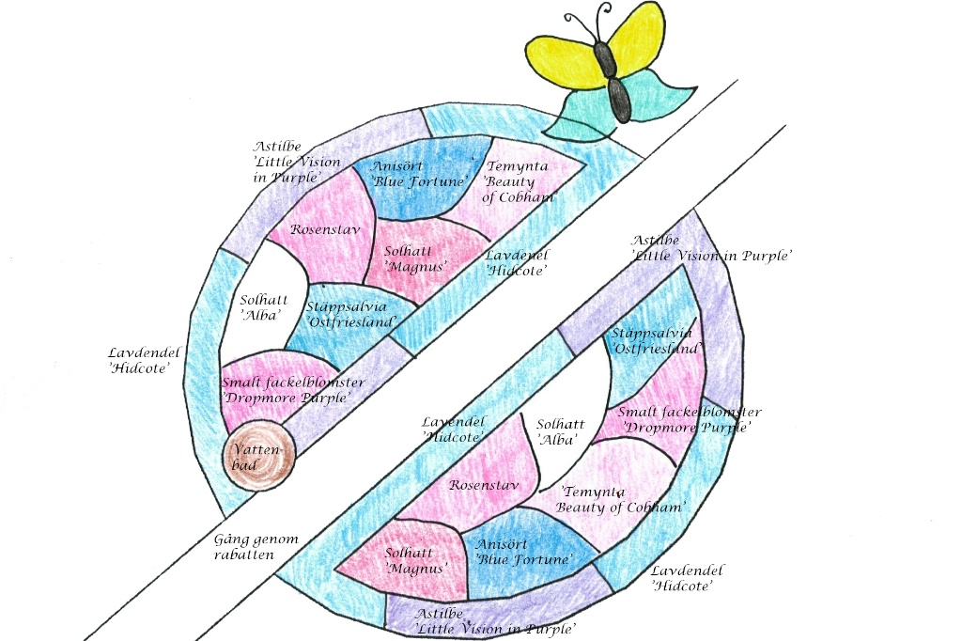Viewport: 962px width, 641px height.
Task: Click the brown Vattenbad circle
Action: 258,455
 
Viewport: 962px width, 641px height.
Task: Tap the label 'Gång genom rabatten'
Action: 256,547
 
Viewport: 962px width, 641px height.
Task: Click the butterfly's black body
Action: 614,81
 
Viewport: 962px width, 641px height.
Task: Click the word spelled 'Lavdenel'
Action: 518,255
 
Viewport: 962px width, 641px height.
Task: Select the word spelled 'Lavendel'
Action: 454,422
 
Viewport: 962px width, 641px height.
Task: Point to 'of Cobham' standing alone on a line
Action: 519,197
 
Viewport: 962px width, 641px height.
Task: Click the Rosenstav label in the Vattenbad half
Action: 324,229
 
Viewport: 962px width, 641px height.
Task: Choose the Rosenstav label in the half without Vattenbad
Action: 484,485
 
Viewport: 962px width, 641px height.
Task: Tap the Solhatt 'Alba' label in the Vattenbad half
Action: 263,307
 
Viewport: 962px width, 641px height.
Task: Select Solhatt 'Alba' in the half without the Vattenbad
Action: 560,431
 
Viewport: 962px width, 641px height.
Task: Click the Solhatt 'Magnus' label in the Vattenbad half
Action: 415,258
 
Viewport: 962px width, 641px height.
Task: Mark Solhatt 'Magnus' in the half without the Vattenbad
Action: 416,560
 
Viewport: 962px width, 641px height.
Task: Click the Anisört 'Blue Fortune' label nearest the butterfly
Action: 420,174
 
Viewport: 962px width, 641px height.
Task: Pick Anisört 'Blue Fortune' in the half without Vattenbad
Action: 524,552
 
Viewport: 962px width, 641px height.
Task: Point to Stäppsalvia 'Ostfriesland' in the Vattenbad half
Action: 351,314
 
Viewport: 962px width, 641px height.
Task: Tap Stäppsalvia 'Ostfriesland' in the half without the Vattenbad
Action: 655,341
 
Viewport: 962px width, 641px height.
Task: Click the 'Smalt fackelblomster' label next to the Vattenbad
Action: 293,383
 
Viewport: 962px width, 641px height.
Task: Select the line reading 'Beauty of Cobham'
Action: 619,508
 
